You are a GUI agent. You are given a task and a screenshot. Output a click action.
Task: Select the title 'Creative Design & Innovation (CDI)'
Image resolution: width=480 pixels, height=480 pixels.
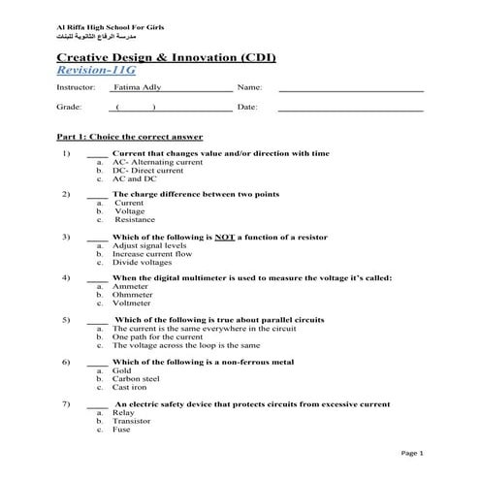pyautogui.click(x=166, y=57)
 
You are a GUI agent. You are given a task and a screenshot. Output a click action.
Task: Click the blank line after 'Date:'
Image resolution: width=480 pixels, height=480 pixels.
pyautogui.click(x=350, y=108)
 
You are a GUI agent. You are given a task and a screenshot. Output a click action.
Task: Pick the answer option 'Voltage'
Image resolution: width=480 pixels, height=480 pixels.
pyautogui.click(x=129, y=211)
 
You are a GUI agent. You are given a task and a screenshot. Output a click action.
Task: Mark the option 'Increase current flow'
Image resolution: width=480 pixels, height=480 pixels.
pyautogui.click(x=151, y=254)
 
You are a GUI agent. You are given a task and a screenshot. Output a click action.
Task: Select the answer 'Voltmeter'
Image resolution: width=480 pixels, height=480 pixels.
pyautogui.click(x=133, y=303)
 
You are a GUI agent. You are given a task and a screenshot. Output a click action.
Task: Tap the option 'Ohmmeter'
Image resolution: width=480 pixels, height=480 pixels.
pyautogui.click(x=134, y=295)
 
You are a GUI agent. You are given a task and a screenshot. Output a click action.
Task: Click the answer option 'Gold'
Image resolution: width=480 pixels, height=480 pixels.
pyautogui.click(x=122, y=369)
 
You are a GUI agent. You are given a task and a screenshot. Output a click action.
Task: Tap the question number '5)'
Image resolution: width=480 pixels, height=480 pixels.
pyautogui.click(x=65, y=319)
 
